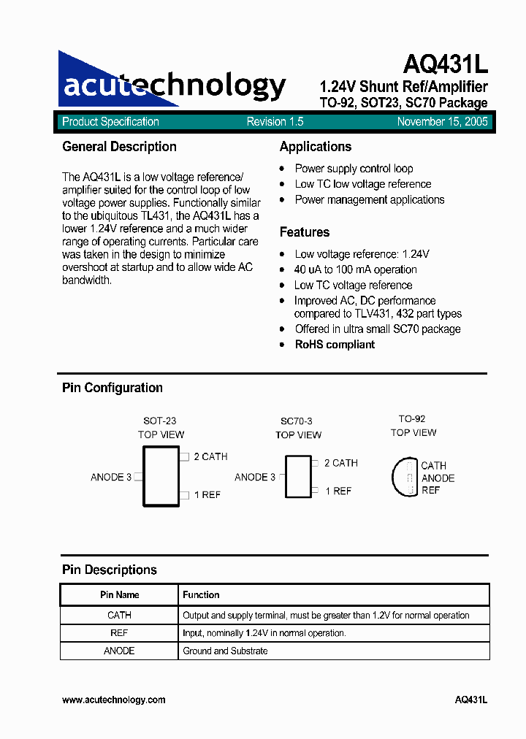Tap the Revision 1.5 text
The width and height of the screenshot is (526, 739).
tap(275, 122)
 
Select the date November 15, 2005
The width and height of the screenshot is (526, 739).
tap(443, 122)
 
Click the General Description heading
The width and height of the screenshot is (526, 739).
tap(119, 147)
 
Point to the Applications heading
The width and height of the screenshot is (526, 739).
tap(315, 147)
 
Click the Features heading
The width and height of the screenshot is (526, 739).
tap(304, 232)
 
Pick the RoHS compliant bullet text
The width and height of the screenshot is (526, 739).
tap(335, 344)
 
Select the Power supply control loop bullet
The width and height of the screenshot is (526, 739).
tap(354, 169)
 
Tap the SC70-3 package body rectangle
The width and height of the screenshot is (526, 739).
tap(297, 477)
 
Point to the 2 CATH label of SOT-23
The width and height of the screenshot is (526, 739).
tap(210, 456)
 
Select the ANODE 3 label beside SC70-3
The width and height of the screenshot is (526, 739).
tap(255, 477)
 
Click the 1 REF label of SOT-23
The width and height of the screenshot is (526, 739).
tap(207, 494)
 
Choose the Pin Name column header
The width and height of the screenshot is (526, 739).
tap(119, 595)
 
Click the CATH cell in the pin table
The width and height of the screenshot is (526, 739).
tap(119, 616)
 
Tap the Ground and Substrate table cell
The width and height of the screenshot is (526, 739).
tap(225, 651)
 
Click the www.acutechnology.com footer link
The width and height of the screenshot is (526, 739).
tap(113, 700)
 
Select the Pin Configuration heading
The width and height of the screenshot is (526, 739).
tap(112, 388)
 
